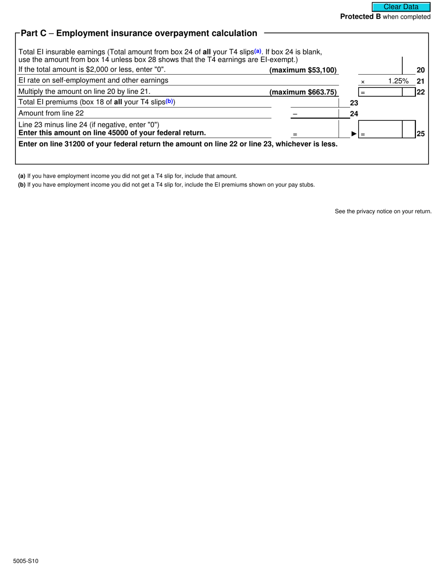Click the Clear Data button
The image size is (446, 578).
[401, 7]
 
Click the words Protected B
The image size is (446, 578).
[360, 17]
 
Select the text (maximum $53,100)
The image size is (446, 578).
[303, 70]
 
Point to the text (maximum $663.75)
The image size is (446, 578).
[303, 92]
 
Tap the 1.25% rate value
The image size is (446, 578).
[398, 81]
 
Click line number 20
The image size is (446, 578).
[421, 70]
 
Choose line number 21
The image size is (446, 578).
[421, 81]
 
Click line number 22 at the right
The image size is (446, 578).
[421, 92]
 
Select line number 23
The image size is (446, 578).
[354, 102]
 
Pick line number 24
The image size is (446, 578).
[354, 113]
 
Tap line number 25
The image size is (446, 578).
[421, 134]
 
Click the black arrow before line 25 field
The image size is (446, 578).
[354, 134]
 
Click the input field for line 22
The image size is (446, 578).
[380, 92]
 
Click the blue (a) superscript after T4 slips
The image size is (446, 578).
[258, 51]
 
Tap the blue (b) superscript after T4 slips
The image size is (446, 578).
[169, 101]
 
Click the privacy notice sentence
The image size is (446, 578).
[383, 211]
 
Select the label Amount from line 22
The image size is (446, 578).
[51, 113]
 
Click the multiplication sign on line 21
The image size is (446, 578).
[362, 82]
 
